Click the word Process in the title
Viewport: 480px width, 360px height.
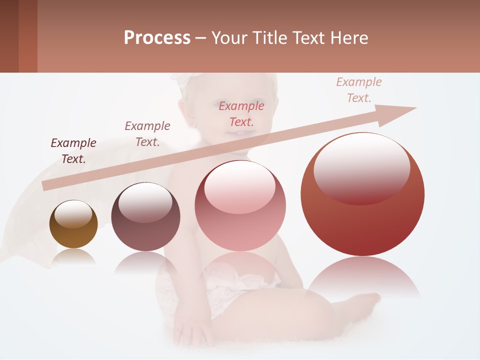pos(157,38)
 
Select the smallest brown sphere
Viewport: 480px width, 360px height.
pos(73,224)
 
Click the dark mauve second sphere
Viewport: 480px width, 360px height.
pos(145,217)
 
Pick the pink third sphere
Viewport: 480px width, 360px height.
pos(240,206)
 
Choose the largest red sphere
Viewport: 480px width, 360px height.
pos(362,194)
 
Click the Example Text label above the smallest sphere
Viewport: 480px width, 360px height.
pos(73,151)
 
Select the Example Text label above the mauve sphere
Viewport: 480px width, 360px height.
pos(147,134)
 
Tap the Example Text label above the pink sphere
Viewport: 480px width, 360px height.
pos(241,113)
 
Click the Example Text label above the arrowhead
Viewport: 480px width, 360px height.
pos(359,90)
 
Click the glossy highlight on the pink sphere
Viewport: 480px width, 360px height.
pos(239,187)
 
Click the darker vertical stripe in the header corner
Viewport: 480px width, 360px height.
pos(9,36)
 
